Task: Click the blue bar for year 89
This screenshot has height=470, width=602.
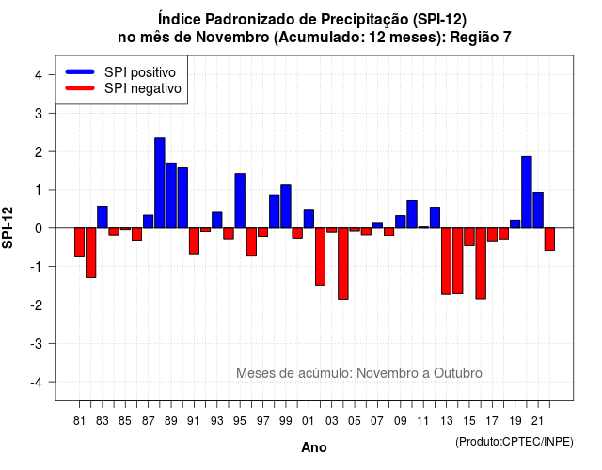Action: coord(171,196)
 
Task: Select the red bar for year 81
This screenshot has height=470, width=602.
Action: coord(79,243)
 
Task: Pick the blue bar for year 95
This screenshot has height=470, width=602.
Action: coord(240,201)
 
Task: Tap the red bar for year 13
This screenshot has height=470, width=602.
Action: coord(446,261)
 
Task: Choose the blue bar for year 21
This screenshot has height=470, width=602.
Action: coord(538,211)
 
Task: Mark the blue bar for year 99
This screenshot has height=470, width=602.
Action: coord(286,207)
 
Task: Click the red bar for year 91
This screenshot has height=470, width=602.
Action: coord(195,241)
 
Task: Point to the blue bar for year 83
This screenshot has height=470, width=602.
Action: coord(103,217)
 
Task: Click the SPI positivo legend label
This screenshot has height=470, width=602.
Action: coord(140,72)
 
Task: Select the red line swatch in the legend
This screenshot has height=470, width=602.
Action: coord(80,88)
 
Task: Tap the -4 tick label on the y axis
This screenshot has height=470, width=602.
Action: coord(38,383)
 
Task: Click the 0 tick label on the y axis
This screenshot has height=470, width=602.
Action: coord(39,228)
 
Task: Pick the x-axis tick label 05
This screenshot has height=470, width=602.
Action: coord(355,421)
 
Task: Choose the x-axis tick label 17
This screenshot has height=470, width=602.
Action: coord(492,421)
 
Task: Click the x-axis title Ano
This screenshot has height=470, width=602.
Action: coord(314,447)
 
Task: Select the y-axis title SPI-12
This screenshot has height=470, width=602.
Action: coord(8,227)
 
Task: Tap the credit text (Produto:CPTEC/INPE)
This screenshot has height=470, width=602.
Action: coord(515,442)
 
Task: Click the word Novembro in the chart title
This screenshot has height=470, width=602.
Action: coord(232,38)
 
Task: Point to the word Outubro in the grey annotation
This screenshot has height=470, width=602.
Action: coord(458,373)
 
